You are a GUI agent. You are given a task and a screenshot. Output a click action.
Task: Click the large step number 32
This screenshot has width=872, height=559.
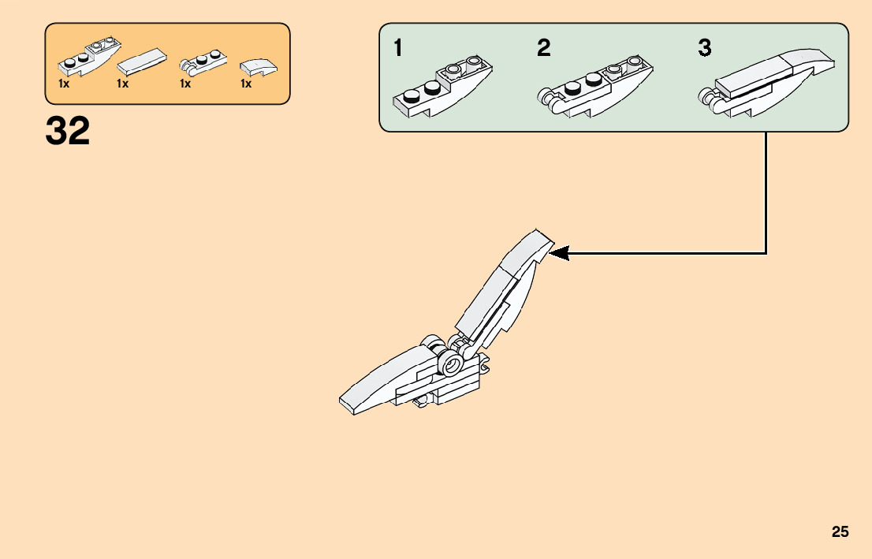(x=68, y=131)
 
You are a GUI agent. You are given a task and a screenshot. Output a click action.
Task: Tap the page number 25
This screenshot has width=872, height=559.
(x=840, y=531)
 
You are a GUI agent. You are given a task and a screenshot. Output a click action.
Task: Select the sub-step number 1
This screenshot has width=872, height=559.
(x=399, y=48)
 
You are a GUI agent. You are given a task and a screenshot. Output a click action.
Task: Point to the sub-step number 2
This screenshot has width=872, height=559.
(x=544, y=48)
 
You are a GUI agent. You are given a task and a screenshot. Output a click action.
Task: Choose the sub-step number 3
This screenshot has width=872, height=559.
(x=704, y=48)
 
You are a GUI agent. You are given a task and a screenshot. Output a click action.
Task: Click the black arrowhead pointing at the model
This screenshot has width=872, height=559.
(x=558, y=253)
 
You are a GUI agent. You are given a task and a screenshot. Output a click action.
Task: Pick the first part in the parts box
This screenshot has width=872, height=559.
(x=84, y=58)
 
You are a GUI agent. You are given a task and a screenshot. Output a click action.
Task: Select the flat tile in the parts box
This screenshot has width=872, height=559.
(x=143, y=61)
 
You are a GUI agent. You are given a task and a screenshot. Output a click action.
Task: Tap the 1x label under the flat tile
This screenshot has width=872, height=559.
(x=122, y=84)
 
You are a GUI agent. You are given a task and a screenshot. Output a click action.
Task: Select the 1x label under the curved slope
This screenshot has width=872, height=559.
(x=246, y=84)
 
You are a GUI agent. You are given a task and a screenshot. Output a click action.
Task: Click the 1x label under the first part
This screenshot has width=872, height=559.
(x=64, y=84)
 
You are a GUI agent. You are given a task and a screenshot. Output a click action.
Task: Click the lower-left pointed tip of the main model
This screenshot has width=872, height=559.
(x=345, y=406)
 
